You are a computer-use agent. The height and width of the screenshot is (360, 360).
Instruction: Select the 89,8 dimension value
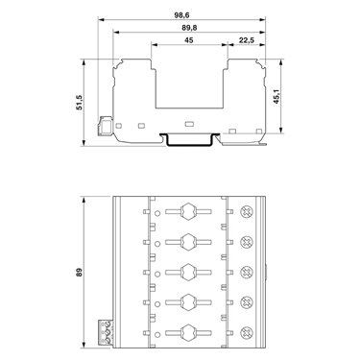[189, 28]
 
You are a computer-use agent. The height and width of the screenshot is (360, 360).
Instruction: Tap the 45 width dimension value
[189, 40]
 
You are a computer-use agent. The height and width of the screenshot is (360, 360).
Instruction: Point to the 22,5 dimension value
[247, 40]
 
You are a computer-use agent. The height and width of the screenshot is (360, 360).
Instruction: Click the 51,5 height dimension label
[79, 103]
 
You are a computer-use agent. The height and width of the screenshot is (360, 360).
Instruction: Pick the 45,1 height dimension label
[276, 96]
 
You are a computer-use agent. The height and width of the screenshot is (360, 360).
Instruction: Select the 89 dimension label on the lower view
[79, 273]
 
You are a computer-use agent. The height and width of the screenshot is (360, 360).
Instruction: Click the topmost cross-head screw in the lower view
[246, 211]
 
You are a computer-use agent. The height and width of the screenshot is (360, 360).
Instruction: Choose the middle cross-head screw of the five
[246, 272]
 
